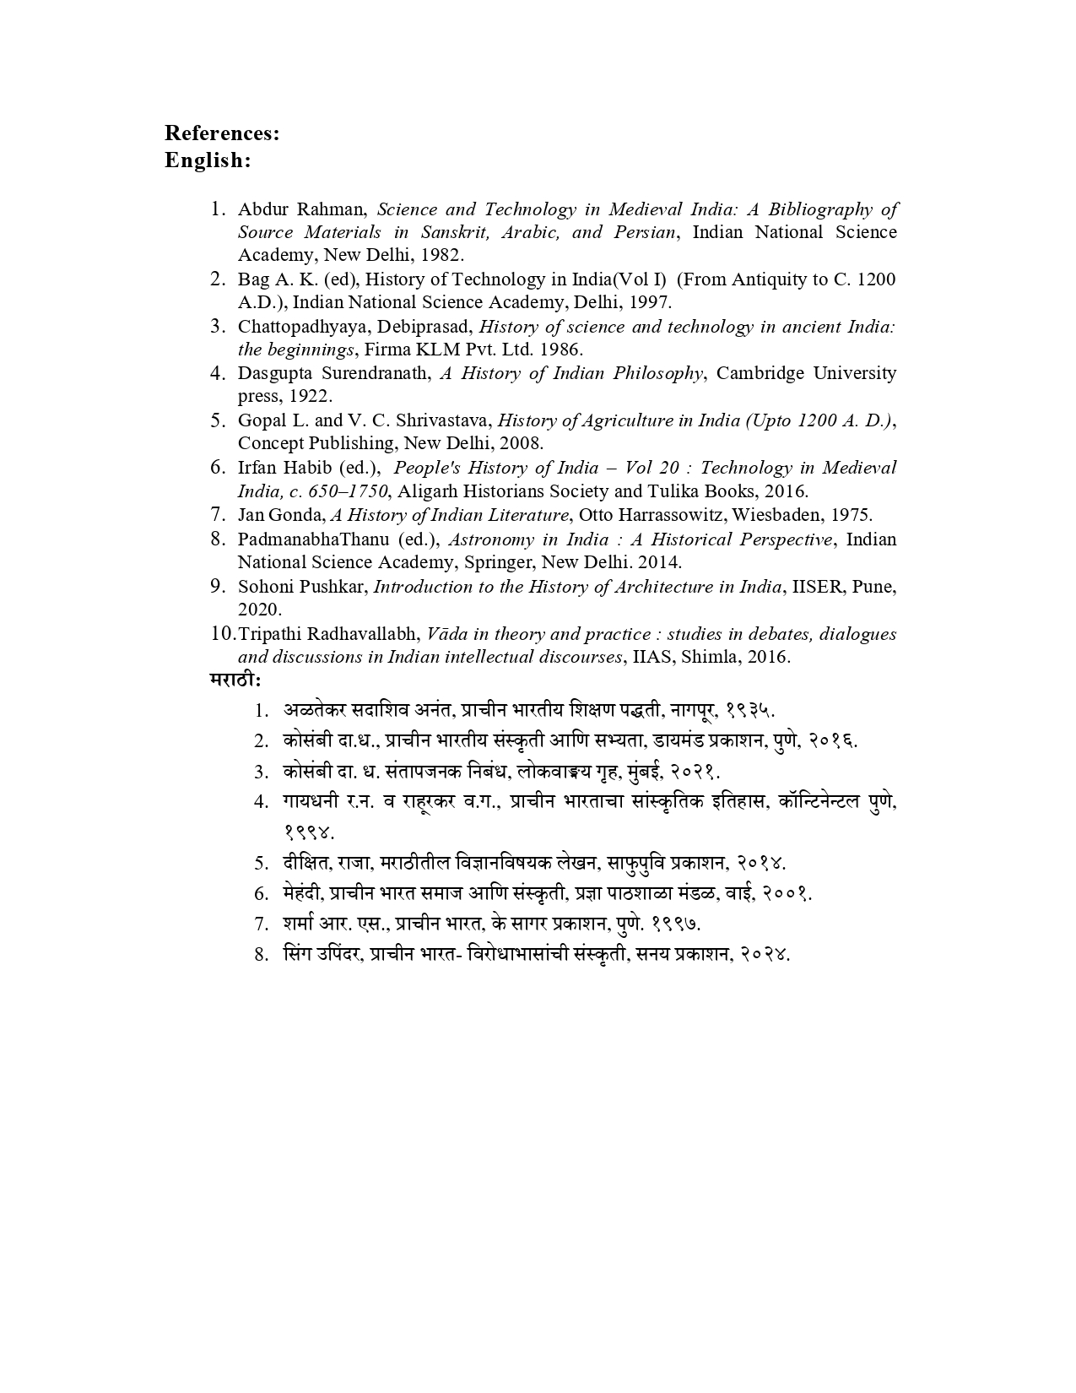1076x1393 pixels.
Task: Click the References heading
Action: pyautogui.click(x=221, y=133)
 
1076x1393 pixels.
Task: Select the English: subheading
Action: pyautogui.click(x=208, y=160)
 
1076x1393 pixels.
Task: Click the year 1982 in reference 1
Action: pyautogui.click(x=441, y=255)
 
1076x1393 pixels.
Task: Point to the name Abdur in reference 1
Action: pyautogui.click(x=262, y=209)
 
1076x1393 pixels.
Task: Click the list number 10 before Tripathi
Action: pyautogui.click(x=223, y=633)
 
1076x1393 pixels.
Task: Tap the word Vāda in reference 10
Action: pyautogui.click(x=446, y=633)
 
